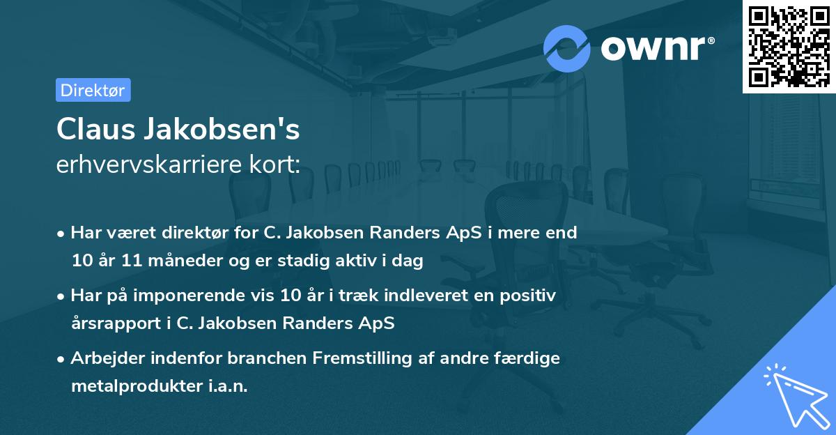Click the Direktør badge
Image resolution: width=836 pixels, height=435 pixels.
[93, 90]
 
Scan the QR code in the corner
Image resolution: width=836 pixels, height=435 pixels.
[789, 46]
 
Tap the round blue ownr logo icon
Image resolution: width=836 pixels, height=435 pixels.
[567, 48]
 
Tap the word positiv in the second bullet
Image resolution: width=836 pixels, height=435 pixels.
[531, 296]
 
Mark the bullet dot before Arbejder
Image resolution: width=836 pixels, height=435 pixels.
[62, 359]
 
